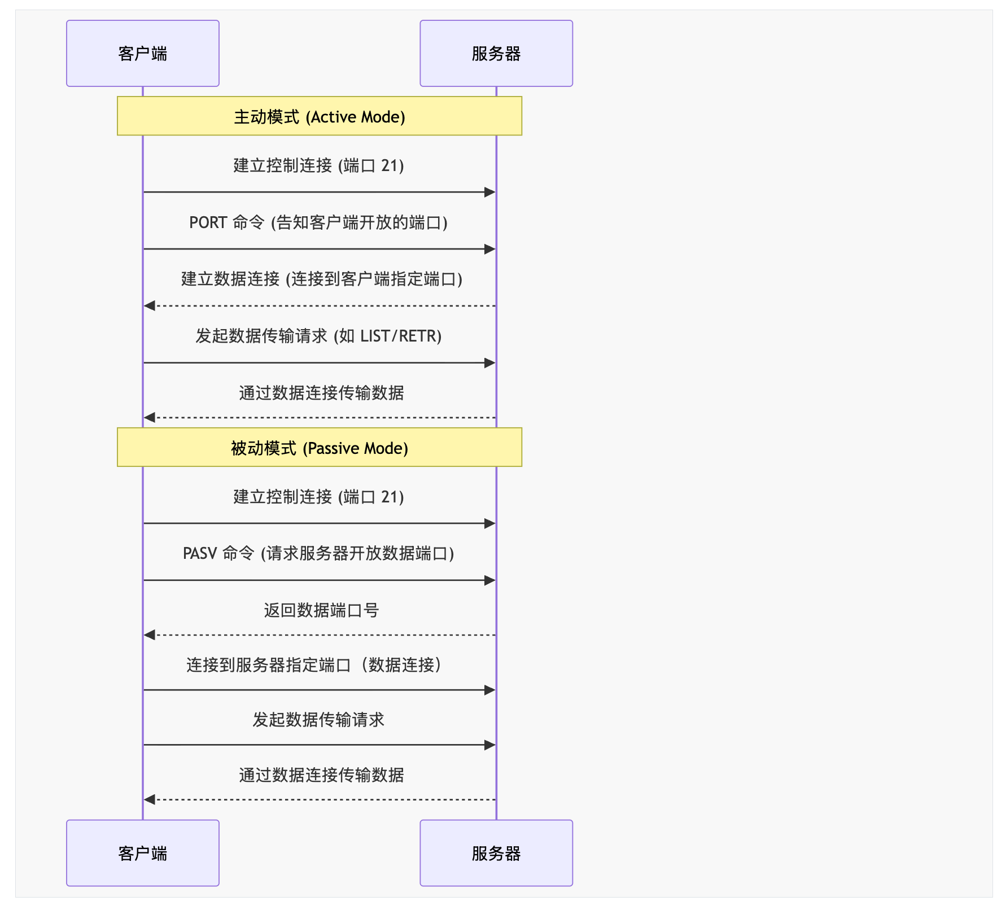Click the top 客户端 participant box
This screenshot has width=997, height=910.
click(x=143, y=54)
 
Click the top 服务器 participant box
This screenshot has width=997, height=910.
click(x=496, y=54)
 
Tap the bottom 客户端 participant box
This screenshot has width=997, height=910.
click(x=143, y=853)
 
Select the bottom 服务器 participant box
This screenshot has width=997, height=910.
click(x=496, y=853)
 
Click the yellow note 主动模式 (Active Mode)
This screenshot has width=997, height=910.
click(x=320, y=116)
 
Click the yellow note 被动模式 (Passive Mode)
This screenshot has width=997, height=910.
click(x=320, y=447)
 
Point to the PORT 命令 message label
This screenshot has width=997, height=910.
click(x=318, y=222)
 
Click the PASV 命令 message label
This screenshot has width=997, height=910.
click(x=318, y=553)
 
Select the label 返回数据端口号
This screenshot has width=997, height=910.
click(x=321, y=610)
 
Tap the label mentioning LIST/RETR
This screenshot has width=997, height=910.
click(x=318, y=336)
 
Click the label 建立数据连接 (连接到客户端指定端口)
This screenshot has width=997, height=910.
click(x=322, y=279)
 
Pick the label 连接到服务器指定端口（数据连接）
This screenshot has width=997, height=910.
click(x=314, y=665)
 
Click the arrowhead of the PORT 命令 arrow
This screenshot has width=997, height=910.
click(x=490, y=249)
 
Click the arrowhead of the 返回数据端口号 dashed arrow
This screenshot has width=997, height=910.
click(x=150, y=635)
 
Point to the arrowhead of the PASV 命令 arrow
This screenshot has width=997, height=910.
click(x=490, y=580)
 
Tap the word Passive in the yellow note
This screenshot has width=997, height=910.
click(x=334, y=448)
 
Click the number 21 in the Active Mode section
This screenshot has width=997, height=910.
click(x=390, y=165)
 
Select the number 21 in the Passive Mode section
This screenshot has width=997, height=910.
click(x=390, y=497)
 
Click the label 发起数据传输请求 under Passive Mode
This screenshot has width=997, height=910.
click(x=318, y=720)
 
